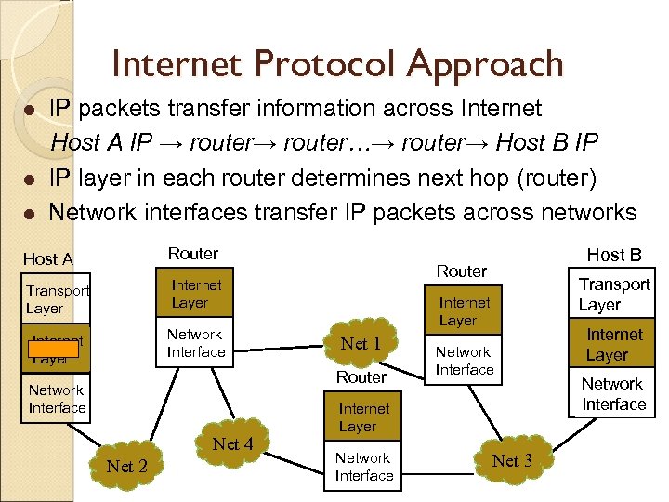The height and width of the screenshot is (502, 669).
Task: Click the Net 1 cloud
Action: [x=361, y=343]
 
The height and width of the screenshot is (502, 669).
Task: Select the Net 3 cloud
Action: [x=512, y=460]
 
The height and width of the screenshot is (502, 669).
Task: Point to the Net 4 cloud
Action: [x=232, y=444]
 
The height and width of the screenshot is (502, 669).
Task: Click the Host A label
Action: [x=47, y=259]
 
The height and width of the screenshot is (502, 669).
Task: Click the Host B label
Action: [x=613, y=255]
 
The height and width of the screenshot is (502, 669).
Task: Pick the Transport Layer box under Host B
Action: [x=614, y=294]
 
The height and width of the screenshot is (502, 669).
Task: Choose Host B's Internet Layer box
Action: [x=614, y=344]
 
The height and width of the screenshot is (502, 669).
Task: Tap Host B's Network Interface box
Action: [x=613, y=394]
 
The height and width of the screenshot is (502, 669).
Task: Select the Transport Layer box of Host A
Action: [x=57, y=298]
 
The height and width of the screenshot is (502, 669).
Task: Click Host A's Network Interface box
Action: [x=57, y=399]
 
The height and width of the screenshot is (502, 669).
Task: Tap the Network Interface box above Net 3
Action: [x=465, y=361]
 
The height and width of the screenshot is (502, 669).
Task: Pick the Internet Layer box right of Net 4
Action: [x=363, y=417]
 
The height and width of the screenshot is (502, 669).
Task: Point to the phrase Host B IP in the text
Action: [x=547, y=143]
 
